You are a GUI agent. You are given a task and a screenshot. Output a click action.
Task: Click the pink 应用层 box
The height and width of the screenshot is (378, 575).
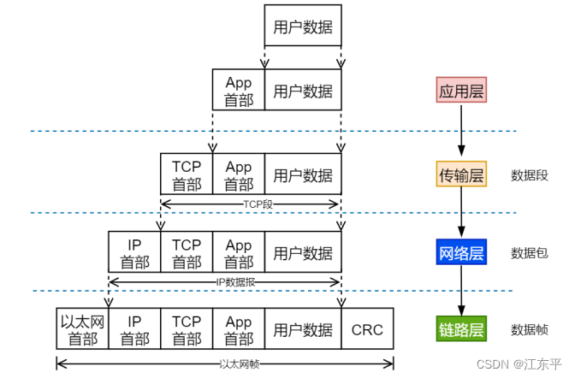(461, 90)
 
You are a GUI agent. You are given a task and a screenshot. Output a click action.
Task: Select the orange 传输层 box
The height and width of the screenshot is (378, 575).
(461, 174)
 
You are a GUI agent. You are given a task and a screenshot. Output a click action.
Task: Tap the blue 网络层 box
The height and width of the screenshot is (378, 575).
(461, 252)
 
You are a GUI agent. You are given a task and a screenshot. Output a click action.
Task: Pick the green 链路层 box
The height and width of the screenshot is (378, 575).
(461, 329)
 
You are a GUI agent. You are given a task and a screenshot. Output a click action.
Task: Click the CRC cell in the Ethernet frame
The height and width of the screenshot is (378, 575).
(367, 329)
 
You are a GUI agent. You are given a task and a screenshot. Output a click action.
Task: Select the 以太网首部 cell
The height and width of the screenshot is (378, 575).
(82, 329)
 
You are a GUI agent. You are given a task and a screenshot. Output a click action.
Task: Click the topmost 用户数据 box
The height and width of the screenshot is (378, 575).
(303, 26)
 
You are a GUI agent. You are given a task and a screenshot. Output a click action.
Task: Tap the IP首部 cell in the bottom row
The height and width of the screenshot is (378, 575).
(134, 329)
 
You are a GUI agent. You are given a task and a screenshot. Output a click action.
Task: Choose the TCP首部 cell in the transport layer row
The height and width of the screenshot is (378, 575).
(187, 174)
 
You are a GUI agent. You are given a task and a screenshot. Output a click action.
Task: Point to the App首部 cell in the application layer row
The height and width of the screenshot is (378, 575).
(239, 90)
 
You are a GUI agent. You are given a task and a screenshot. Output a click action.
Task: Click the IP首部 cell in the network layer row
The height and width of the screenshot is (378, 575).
(134, 252)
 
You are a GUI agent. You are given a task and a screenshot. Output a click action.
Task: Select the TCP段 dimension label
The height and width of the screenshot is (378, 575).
(258, 204)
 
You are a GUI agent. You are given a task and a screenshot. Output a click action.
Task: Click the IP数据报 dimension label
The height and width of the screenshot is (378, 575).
(235, 282)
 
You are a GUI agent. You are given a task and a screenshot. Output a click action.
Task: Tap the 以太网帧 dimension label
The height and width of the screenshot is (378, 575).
(240, 364)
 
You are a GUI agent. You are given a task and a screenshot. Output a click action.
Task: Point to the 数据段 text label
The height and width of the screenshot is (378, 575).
(530, 175)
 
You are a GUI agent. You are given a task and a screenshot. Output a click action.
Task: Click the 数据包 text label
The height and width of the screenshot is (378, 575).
(530, 253)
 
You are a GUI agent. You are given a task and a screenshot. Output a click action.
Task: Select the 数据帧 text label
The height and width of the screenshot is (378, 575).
(530, 330)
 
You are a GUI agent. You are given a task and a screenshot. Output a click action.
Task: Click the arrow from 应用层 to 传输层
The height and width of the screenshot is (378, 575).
(461, 131)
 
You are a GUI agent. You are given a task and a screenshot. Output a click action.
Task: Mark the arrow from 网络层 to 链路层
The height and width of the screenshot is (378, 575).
(461, 291)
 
